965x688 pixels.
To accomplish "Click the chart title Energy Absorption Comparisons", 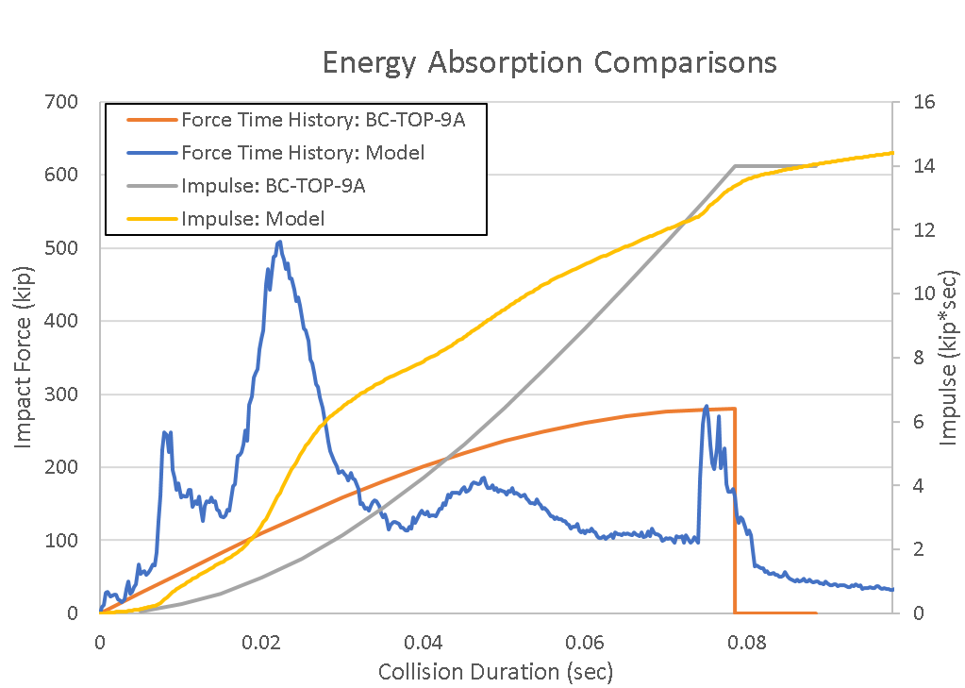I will click(x=549, y=62).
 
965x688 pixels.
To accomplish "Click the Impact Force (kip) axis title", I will click(x=25, y=358).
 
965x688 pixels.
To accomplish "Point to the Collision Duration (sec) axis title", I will click(x=495, y=672).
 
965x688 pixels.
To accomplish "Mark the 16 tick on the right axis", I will click(x=919, y=102).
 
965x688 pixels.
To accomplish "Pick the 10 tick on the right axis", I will click(x=919, y=294).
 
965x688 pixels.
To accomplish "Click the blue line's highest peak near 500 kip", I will click(x=279, y=243).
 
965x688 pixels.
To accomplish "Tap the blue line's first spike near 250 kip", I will click(x=165, y=432).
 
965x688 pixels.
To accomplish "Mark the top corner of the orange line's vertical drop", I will click(x=734, y=409).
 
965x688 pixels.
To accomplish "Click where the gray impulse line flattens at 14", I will click(x=735, y=166).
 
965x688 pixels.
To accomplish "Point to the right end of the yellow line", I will click(x=891, y=153).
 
